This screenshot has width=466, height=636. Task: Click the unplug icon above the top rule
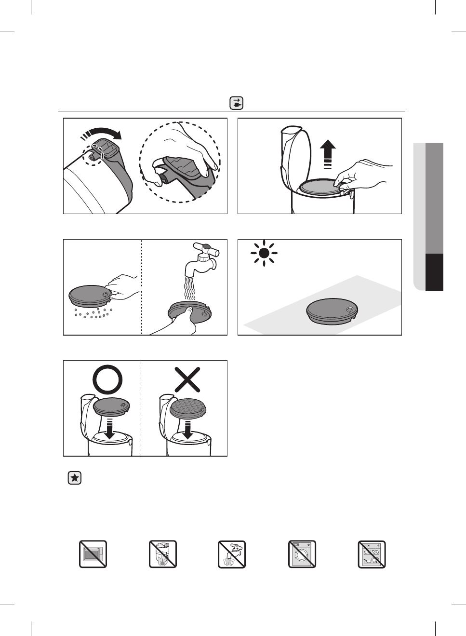coord(236,103)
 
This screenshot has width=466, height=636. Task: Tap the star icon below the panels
coord(74,478)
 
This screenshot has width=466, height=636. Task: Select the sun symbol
coord(264,253)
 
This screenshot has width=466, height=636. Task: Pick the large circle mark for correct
coord(108,379)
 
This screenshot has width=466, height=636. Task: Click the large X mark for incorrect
coord(187,379)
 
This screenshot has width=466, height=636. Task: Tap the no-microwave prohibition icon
coord(93,554)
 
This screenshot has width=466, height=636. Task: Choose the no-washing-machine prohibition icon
coord(302,554)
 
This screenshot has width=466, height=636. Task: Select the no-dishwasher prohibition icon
coord(372,554)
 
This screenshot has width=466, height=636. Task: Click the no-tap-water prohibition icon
coord(232,554)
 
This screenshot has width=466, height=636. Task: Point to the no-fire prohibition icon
coord(163,554)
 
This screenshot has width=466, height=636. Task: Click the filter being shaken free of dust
coord(91,295)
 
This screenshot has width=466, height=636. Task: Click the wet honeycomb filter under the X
coord(188,409)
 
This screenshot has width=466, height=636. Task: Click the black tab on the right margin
coord(434,272)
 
